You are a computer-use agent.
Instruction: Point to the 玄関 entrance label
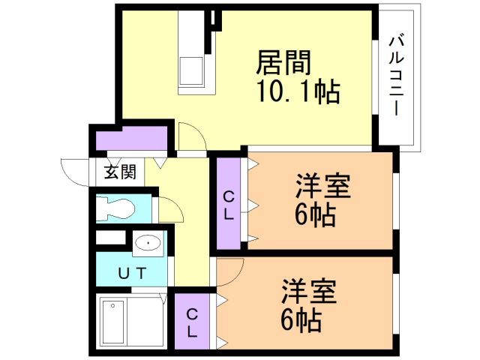click(120, 172)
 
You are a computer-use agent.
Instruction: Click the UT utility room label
click(130, 271)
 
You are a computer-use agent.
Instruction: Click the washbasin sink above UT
click(148, 243)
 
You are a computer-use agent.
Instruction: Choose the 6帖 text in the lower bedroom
click(301, 320)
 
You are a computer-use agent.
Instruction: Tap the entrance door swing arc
click(73, 170)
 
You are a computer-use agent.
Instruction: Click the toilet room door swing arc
click(170, 210)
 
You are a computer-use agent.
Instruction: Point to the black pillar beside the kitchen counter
click(216, 19)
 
